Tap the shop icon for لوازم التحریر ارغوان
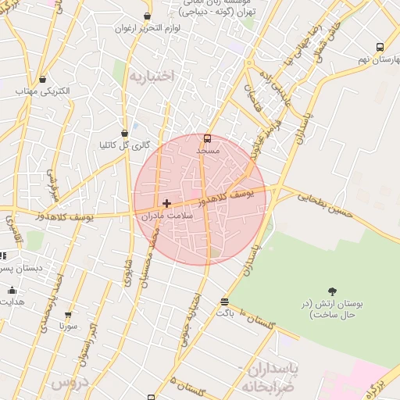point(147,16)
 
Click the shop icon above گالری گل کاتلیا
point(125,133)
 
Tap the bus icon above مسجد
point(207,138)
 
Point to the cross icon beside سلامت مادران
point(166,203)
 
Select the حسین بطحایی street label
point(325,202)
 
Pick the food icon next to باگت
point(225,302)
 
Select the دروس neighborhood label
point(68,384)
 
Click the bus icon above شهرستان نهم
point(380,47)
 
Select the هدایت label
point(10,301)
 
